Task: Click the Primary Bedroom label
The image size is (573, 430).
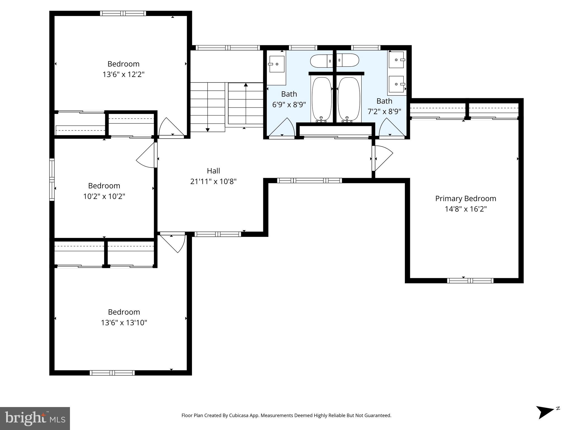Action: coord(466,198)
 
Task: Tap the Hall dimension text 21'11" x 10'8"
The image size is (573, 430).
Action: coord(213,181)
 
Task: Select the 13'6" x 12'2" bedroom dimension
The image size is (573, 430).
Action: coord(123,74)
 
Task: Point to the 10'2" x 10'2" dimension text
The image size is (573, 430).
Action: coord(104,196)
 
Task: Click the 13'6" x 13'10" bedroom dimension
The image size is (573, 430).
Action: coord(124,323)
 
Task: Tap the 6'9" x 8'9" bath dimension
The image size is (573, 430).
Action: coord(289,105)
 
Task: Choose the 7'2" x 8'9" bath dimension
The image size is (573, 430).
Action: coord(384,111)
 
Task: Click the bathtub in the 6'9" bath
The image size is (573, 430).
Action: coord(321,99)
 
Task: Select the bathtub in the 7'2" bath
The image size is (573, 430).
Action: coord(348,99)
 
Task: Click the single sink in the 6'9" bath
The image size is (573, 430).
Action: coord(276,64)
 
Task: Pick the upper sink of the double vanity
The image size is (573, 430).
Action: coord(396,60)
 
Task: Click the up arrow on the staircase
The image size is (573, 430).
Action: coord(246,85)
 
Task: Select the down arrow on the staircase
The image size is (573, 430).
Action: coord(208,129)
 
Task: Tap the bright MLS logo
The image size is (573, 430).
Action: coord(35,418)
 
